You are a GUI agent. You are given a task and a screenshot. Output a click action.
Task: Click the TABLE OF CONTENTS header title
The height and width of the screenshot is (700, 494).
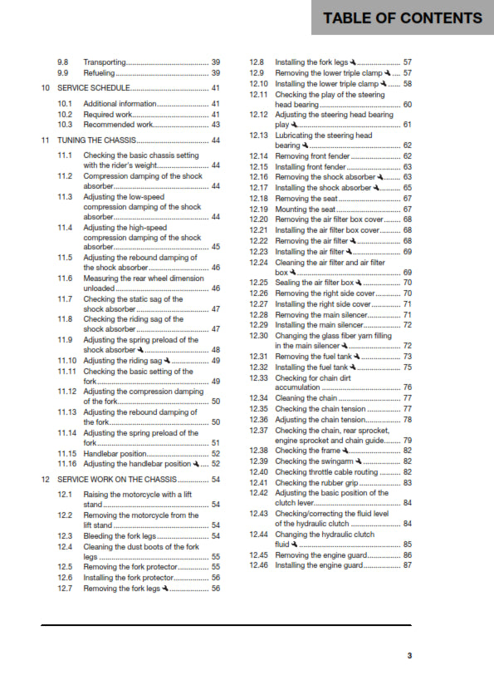click(x=402, y=18)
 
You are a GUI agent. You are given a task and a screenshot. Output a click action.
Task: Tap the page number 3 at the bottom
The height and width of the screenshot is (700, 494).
click(x=408, y=655)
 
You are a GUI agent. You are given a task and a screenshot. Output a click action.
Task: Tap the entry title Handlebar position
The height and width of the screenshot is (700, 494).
click(x=114, y=453)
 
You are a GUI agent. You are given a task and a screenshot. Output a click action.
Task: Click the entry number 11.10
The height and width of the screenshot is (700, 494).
click(x=66, y=361)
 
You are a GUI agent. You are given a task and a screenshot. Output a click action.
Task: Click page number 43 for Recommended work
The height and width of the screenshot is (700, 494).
click(x=215, y=124)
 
